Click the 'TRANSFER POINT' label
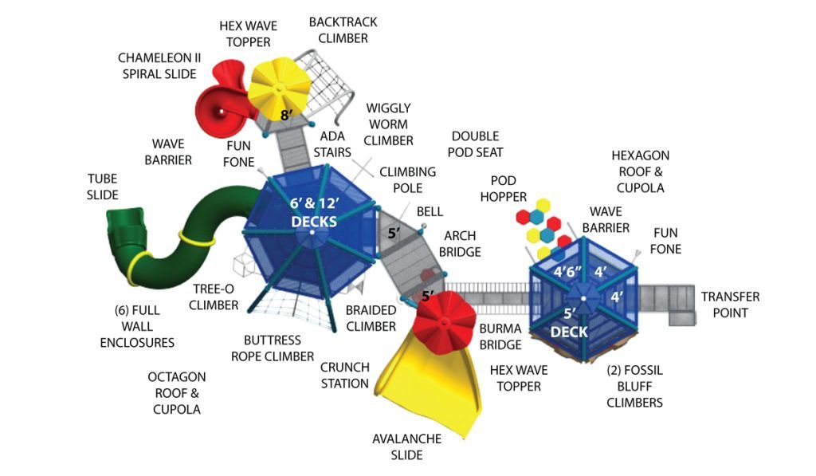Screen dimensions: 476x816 730,305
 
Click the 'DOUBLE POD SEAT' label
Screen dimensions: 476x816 477,144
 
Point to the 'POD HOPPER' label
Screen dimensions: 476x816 508,188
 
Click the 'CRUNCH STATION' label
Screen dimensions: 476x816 345,376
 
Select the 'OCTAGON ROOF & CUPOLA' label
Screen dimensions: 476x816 177,392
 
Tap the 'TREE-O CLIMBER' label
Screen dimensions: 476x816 215,297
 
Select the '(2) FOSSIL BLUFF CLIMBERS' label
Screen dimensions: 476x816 634,387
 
